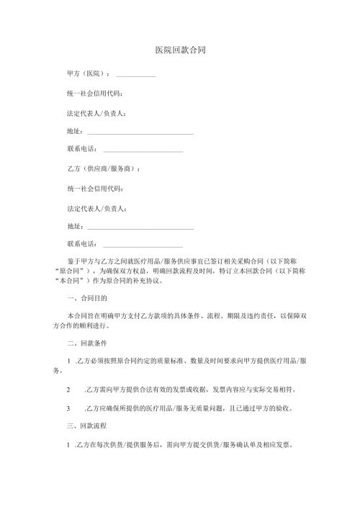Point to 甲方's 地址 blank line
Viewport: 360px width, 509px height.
point(140,132)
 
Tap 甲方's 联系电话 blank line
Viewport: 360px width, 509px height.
point(143,151)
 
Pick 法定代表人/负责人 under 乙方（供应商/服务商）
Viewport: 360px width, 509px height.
point(96,208)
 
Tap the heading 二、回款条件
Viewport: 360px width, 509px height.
point(86,343)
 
